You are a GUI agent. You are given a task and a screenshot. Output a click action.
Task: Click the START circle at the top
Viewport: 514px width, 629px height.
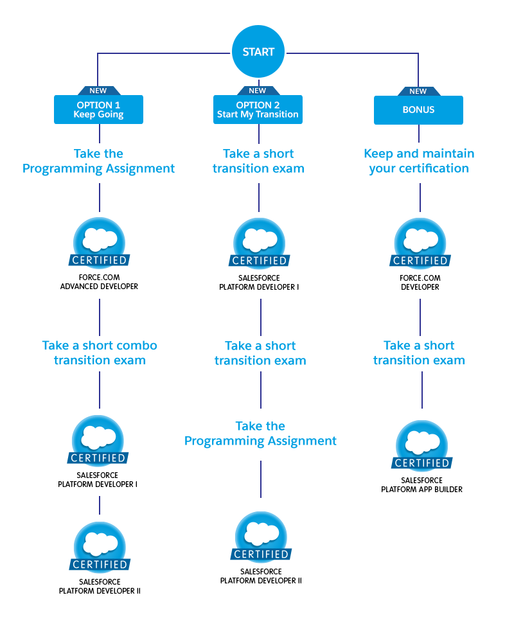[x=258, y=51]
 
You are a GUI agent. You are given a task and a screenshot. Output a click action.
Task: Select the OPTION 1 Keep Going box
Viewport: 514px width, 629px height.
[x=98, y=110]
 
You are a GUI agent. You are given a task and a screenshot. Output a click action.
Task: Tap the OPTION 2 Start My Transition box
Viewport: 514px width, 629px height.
[x=258, y=110]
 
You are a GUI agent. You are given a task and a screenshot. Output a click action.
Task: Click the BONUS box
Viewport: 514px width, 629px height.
[x=418, y=110]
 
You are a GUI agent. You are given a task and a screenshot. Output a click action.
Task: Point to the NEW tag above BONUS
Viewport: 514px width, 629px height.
[x=418, y=91]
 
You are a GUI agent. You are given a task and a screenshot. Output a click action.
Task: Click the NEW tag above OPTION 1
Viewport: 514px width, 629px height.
[x=98, y=91]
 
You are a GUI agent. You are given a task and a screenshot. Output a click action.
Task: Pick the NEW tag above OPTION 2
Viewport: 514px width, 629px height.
[x=258, y=91]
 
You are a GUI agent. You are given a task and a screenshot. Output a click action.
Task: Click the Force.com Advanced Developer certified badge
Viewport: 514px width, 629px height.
[x=99, y=244]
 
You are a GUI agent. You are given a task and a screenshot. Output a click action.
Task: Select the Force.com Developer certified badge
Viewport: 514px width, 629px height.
[x=420, y=244]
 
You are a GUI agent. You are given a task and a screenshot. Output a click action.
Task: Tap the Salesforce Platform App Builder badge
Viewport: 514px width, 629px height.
[x=421, y=447]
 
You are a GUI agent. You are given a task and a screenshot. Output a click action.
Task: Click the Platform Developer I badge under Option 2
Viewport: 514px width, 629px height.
[x=260, y=244]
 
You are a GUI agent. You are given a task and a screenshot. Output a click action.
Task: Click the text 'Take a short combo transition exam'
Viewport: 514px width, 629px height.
[x=100, y=353]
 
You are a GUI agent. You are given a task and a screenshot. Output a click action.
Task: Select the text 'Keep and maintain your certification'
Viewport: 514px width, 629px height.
[x=419, y=161]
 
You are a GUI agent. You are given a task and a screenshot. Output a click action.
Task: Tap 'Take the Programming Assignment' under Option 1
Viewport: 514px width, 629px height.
[x=98, y=161]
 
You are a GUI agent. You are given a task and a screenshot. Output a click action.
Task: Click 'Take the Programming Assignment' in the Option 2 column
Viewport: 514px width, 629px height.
[x=260, y=434]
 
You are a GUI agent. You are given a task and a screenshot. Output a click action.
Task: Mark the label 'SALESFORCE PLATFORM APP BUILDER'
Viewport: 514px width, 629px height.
[x=421, y=485]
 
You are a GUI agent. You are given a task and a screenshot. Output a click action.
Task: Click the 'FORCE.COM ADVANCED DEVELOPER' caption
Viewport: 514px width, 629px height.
[x=99, y=283]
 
